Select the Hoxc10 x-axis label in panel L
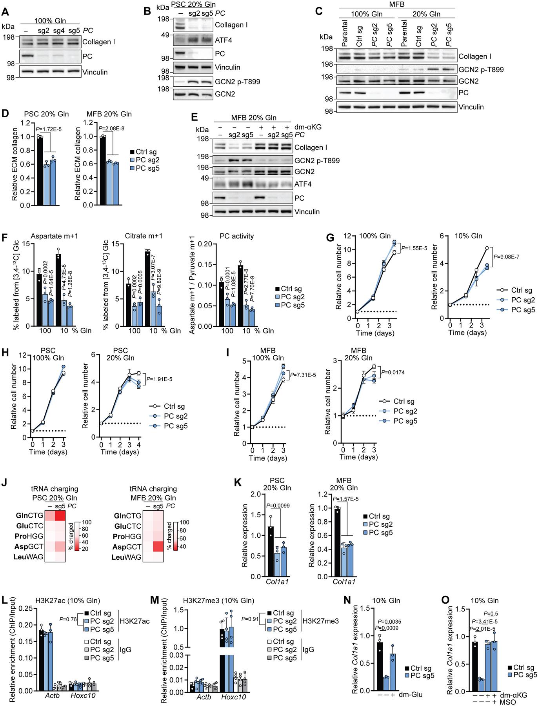pos(83,686)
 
